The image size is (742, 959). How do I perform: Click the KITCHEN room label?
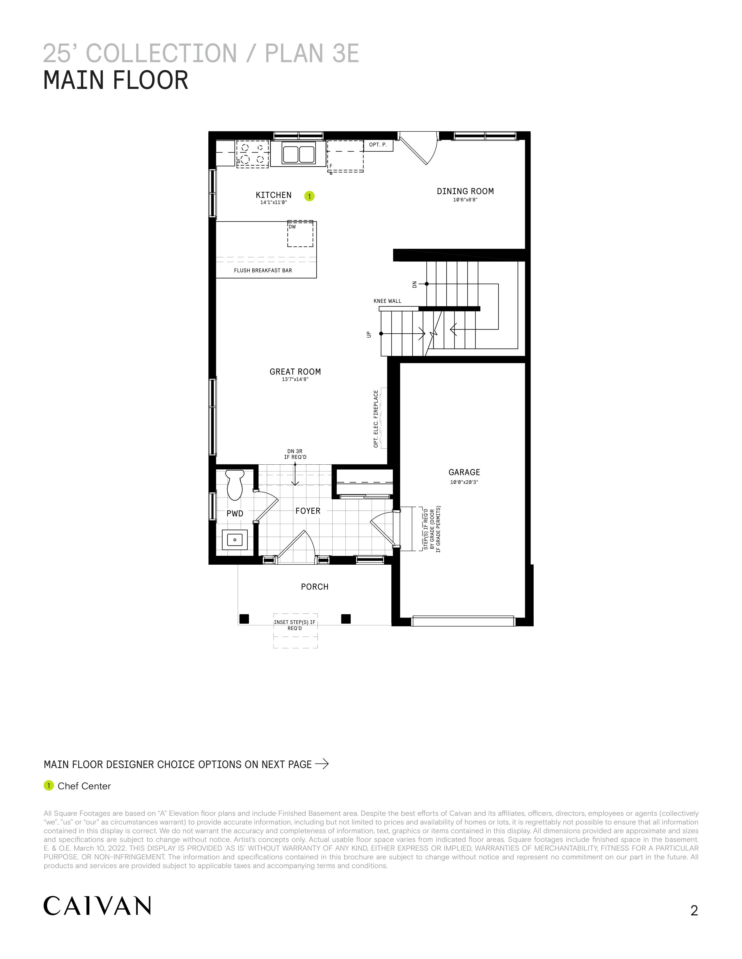coord(274,195)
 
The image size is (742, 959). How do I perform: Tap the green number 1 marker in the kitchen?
coord(310,196)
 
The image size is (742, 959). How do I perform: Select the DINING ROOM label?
coord(465,191)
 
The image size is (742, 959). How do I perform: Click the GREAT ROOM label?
coord(295,371)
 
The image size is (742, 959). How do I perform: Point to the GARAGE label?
coord(464,472)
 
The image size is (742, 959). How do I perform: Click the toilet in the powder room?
coord(235,485)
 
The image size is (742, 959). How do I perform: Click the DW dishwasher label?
coord(292,227)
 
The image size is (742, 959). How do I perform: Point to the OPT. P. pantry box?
coord(378,145)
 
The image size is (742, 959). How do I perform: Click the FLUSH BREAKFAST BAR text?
coord(263,271)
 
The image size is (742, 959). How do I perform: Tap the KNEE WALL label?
coord(387,301)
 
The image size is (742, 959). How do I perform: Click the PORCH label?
coord(315,587)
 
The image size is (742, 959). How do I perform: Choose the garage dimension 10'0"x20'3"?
coord(464,482)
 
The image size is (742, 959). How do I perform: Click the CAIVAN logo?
coord(97,906)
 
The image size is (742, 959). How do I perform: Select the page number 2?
coord(694,911)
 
